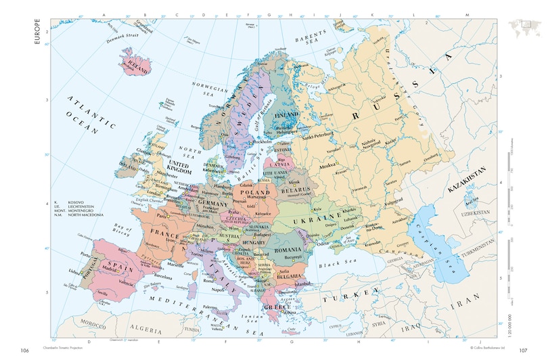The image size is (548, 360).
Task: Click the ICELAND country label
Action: [139, 66]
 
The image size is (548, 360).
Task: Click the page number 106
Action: [25, 351]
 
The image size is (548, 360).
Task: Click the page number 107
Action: [522, 351]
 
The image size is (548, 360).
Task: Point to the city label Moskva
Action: [328, 164]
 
